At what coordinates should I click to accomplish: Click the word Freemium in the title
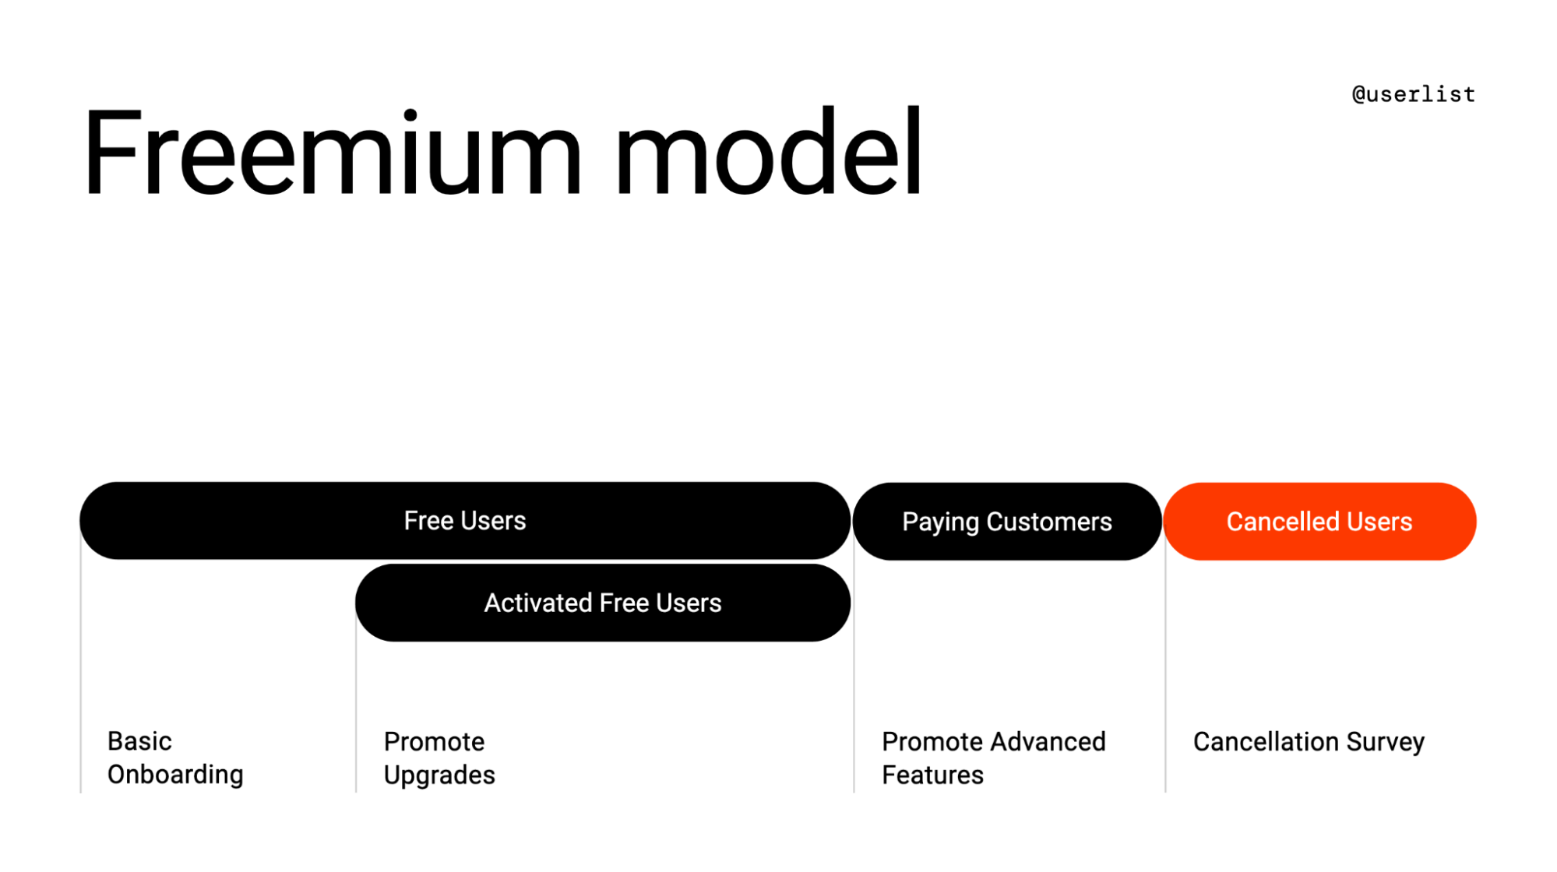(331, 153)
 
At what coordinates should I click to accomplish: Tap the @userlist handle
(1413, 94)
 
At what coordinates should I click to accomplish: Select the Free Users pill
(464, 520)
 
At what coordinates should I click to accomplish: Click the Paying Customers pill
(1006, 521)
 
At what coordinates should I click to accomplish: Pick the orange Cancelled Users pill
(1319, 521)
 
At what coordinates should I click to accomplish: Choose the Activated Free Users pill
(602, 603)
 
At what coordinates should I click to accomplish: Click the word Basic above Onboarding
(139, 740)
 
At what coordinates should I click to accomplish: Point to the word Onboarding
(175, 774)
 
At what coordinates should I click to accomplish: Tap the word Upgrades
(439, 775)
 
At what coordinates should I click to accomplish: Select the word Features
(932, 775)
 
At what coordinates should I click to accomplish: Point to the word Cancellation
(1266, 741)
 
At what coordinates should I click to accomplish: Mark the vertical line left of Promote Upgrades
(357, 701)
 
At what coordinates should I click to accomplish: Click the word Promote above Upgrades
(434, 741)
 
